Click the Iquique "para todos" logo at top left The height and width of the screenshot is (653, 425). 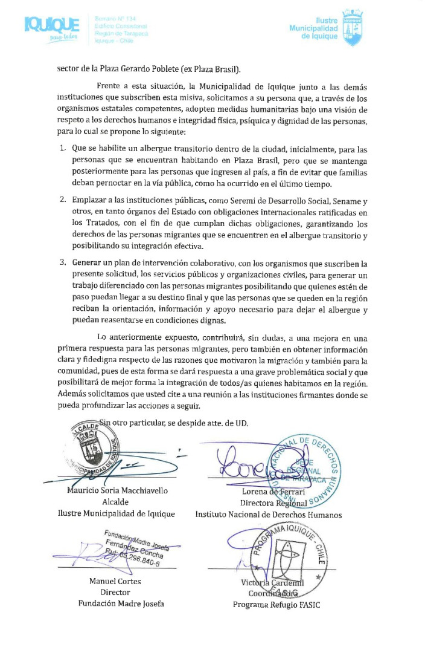click(53, 28)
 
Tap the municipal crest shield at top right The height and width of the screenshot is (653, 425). click(352, 28)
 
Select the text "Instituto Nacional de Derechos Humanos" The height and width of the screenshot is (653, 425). click(269, 515)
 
